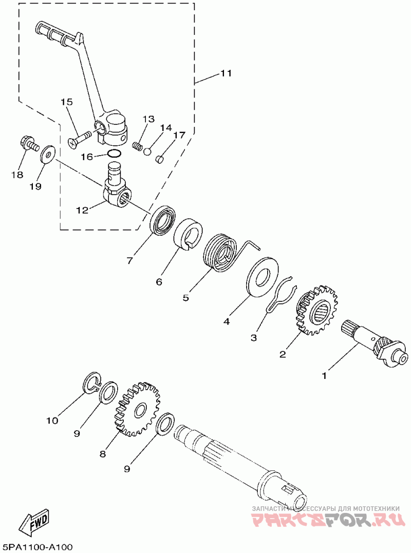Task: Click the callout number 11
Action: [x=226, y=73]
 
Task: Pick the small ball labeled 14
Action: [x=147, y=151]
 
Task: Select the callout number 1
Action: [x=324, y=376]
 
